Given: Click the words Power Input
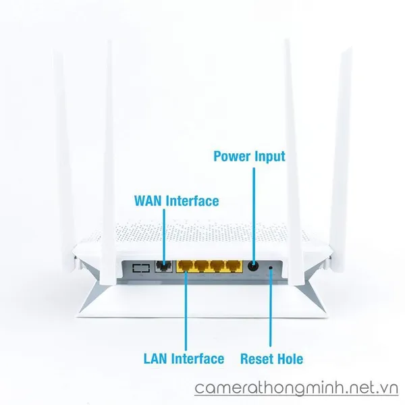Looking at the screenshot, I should [249, 157].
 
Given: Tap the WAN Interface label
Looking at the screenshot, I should [177, 201].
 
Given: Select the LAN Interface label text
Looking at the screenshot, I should [183, 358].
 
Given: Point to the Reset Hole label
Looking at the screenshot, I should [271, 358].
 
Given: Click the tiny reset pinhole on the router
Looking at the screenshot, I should [271, 268].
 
